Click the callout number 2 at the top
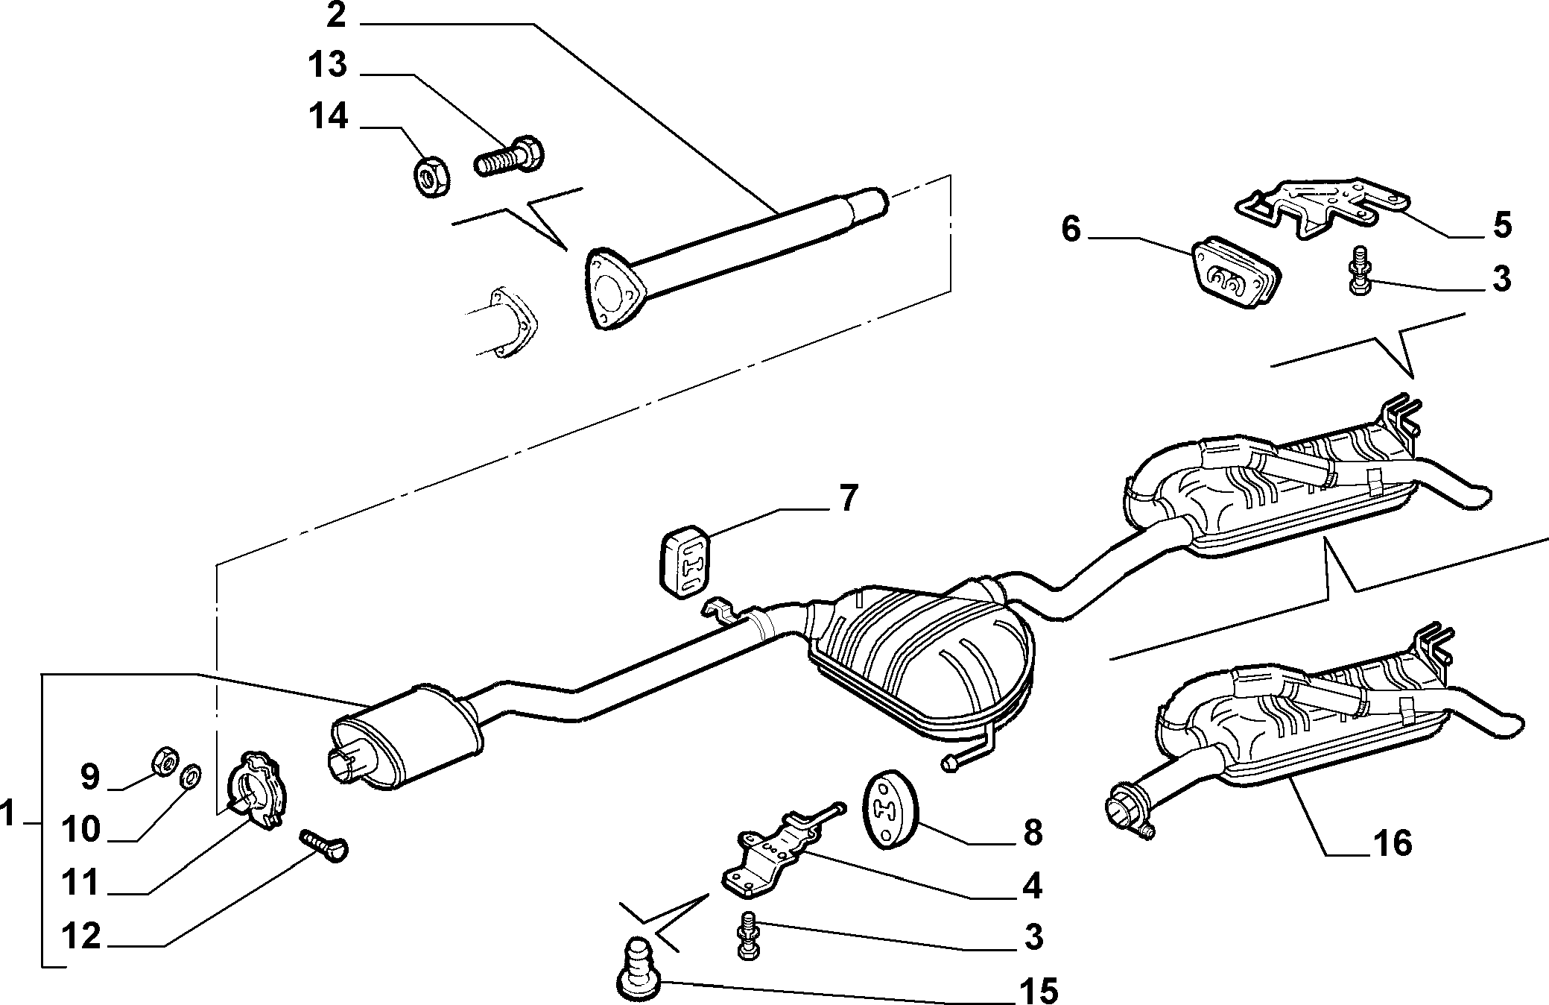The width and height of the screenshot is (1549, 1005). point(337,15)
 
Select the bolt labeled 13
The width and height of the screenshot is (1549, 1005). point(510,155)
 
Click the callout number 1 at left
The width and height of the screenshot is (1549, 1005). point(8,814)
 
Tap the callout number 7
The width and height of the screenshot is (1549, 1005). point(849,497)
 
